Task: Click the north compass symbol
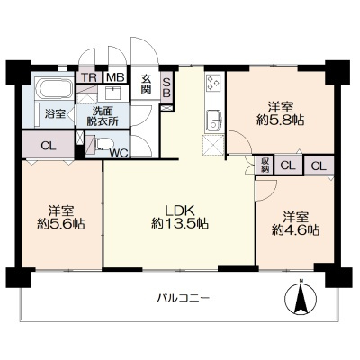pos(301,298)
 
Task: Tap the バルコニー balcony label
pos(183,298)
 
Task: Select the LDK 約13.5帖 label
pos(180,217)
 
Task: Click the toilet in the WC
pos(103,144)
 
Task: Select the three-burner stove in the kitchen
pos(213,82)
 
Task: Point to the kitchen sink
pos(214,120)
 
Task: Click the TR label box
pos(89,77)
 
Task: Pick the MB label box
pos(116,77)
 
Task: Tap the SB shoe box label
pos(166,87)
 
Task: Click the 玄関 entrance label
pos(146,85)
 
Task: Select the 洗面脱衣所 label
pos(103,116)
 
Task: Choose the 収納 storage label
pos(265,165)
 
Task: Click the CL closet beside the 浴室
pos(49,146)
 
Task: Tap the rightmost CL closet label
pos(319,166)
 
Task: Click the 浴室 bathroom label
pos(55,114)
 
